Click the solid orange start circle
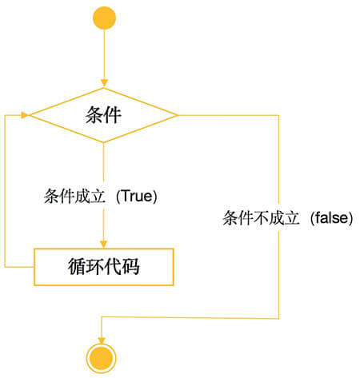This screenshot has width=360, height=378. [x=104, y=18]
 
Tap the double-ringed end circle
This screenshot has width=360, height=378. [x=102, y=358]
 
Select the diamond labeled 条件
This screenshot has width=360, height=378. [x=103, y=115]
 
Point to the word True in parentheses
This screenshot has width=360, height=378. [x=137, y=196]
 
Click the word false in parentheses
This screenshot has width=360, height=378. [x=331, y=217]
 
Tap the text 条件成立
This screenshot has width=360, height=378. [x=74, y=196]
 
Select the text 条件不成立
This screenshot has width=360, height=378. [x=261, y=218]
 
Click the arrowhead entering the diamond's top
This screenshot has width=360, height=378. [x=104, y=82]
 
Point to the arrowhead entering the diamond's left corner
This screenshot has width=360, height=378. [x=25, y=115]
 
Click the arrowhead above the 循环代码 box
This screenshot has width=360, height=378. [x=103, y=244]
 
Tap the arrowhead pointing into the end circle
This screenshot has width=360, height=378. [x=102, y=340]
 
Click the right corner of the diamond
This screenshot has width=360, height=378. [x=178, y=115]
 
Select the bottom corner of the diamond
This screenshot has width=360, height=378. [x=103, y=143]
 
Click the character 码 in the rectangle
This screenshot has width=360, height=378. [x=130, y=266]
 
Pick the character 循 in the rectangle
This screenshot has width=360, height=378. [x=77, y=266]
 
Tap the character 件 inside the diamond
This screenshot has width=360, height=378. [x=113, y=115]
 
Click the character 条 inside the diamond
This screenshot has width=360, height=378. [x=94, y=115]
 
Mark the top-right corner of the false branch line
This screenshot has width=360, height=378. [x=278, y=115]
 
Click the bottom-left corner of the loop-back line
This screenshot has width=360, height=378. [x=5, y=267]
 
